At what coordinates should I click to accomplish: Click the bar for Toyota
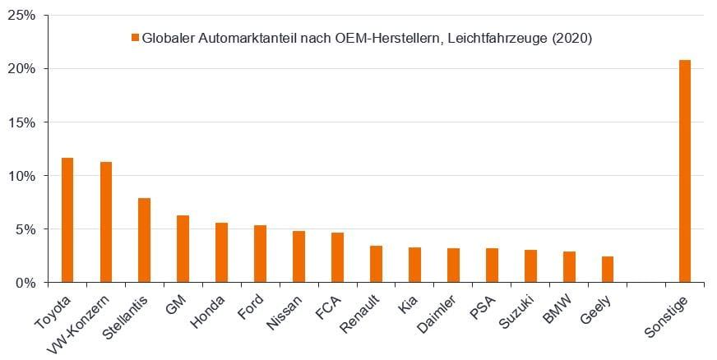tap(67, 219)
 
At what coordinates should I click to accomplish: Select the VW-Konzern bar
tap(106, 222)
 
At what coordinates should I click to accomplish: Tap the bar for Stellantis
tap(145, 240)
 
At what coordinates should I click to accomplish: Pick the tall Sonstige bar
tap(684, 171)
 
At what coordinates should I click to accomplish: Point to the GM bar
tap(183, 248)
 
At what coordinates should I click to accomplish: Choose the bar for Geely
tap(607, 269)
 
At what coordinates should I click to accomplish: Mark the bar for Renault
tap(376, 264)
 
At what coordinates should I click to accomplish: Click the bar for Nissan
tap(298, 256)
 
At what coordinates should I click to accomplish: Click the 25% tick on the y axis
tap(22, 16)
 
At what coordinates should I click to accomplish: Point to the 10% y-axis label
tap(22, 176)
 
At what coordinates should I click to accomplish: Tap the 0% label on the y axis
tap(25, 283)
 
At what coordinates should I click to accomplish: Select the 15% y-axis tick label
tap(22, 122)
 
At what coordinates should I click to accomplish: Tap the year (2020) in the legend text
tap(572, 38)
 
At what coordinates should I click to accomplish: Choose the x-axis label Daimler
tap(442, 311)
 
